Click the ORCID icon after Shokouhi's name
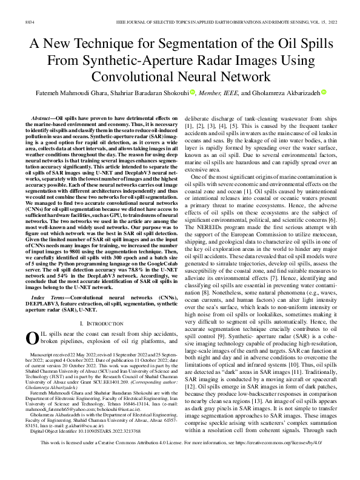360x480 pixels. [x=192, y=93]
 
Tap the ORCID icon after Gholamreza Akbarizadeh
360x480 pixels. [x=324, y=93]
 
